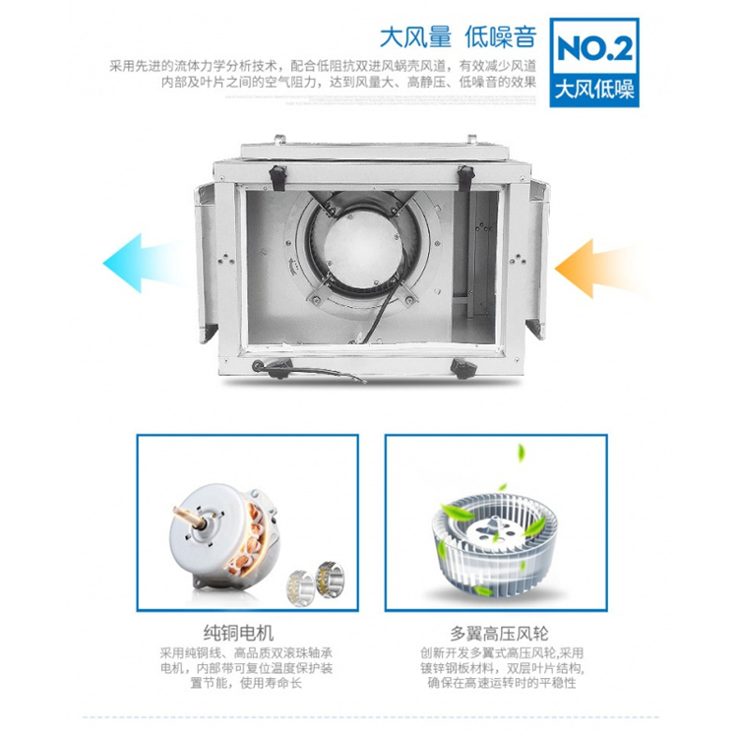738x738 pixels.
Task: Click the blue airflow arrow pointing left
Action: pyautogui.click(x=141, y=263)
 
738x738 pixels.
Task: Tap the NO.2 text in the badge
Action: pyautogui.click(x=594, y=48)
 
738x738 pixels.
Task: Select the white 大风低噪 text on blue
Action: pyautogui.click(x=594, y=90)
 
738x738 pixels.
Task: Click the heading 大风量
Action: pyautogui.click(x=415, y=37)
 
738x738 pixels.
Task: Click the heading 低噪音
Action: pyautogui.click(x=500, y=37)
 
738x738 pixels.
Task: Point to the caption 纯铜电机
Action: pyautogui.click(x=239, y=633)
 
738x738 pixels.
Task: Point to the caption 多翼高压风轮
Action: pyautogui.click(x=499, y=633)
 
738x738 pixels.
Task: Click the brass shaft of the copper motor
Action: pyautogui.click(x=189, y=516)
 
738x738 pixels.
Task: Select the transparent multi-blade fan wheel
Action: pyautogui.click(x=494, y=543)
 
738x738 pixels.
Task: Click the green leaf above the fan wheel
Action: pyautogui.click(x=521, y=453)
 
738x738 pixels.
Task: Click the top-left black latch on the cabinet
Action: pyautogui.click(x=277, y=178)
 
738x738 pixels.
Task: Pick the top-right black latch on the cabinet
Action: pyautogui.click(x=465, y=178)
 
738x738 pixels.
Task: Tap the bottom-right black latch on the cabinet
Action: pyautogui.click(x=463, y=368)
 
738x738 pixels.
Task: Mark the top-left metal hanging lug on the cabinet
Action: pyautogui.click(x=280, y=140)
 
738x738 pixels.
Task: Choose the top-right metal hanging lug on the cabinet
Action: pyautogui.click(x=471, y=140)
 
